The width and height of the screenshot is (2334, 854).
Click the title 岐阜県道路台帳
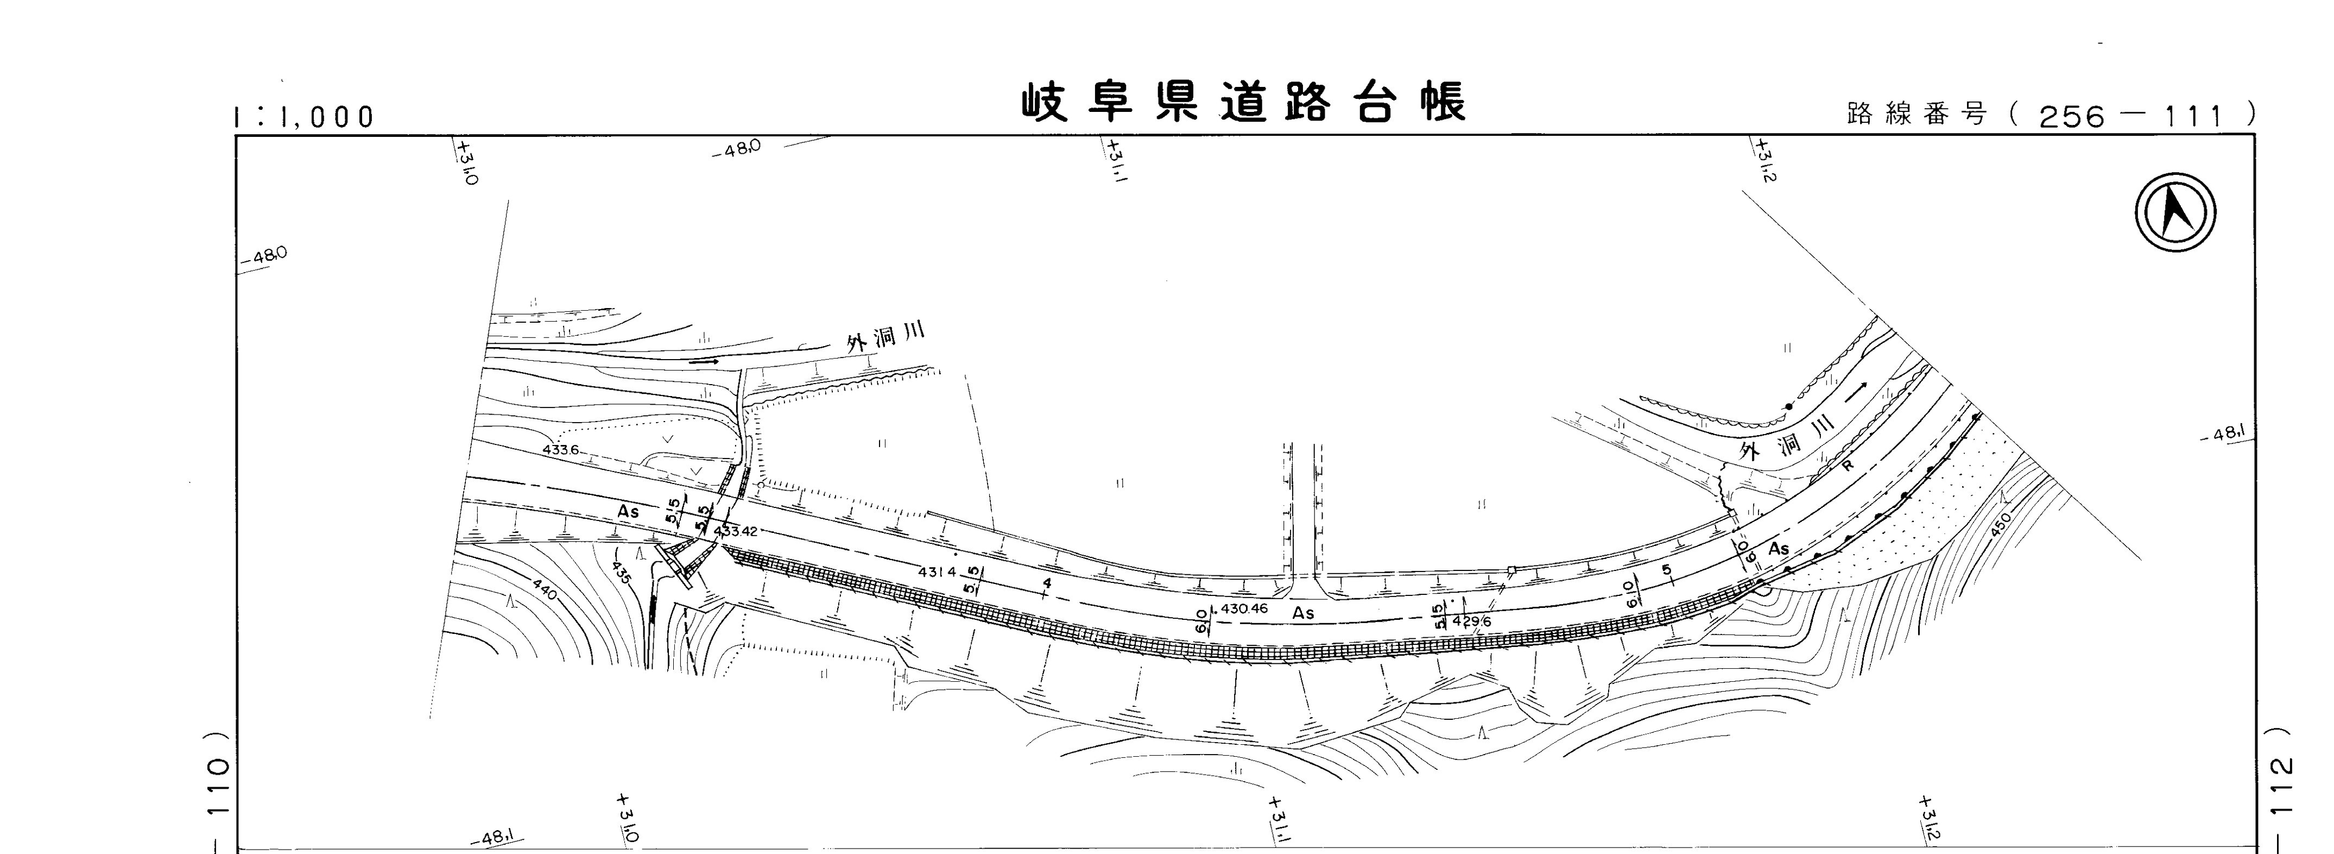pos(1243,103)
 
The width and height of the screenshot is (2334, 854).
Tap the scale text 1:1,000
pos(303,117)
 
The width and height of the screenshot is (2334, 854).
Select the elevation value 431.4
pos(937,572)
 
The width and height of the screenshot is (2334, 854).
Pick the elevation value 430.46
pos(1244,608)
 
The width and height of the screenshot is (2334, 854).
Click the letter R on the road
pos(1848,465)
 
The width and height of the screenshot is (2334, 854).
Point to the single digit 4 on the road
pos(1047,583)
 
